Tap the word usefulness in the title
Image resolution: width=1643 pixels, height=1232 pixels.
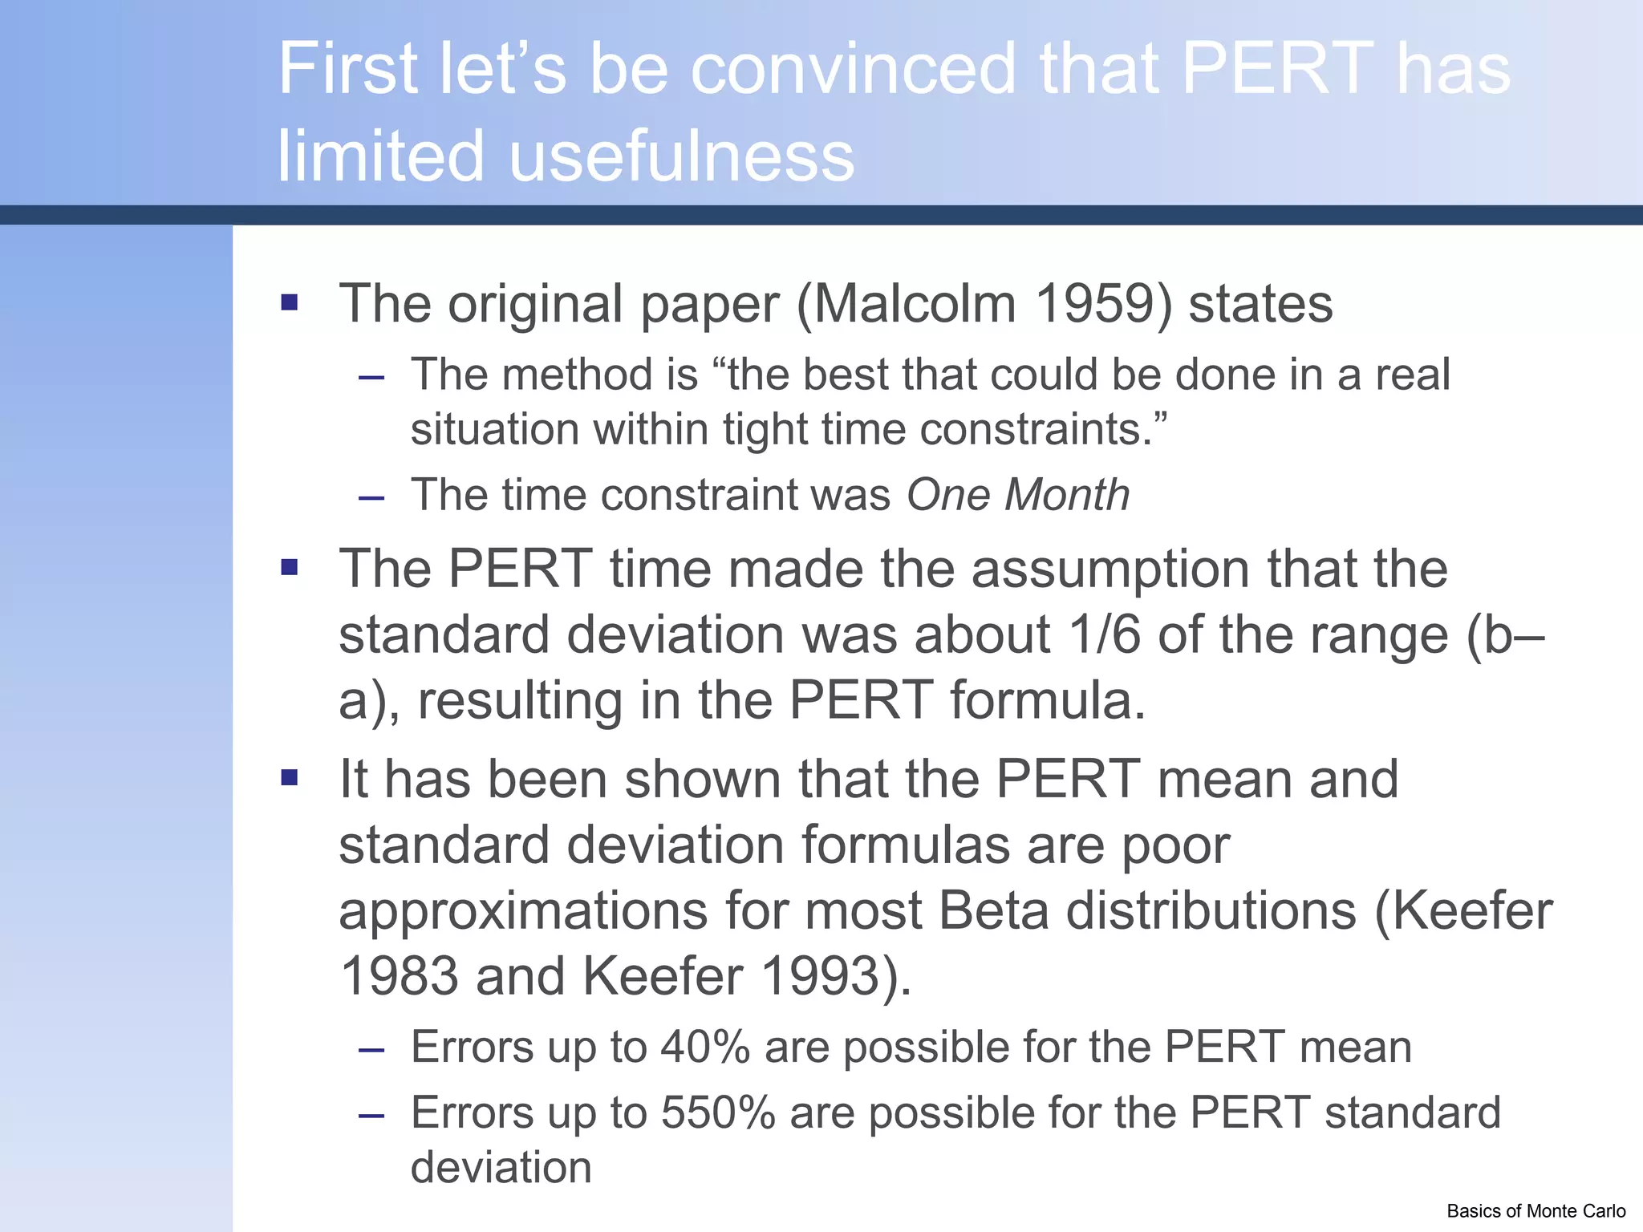point(682,156)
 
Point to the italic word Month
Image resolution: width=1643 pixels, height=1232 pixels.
point(1067,494)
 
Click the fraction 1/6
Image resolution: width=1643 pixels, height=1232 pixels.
point(1104,634)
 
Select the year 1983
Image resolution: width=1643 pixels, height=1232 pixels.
point(399,976)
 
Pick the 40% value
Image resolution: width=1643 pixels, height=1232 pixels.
point(705,1048)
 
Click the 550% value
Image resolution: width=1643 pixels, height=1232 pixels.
point(718,1113)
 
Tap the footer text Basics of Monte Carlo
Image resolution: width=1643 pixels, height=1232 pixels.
point(1535,1211)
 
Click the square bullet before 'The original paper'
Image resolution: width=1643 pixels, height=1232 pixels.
point(290,302)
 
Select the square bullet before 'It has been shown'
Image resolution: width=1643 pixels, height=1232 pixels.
point(290,777)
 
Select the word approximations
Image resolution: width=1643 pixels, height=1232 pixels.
point(523,911)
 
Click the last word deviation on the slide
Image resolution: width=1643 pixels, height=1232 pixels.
point(501,1167)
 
